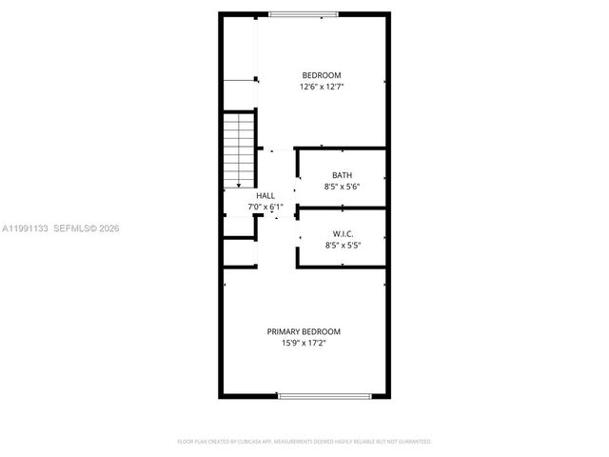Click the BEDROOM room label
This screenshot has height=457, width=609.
[x=321, y=75]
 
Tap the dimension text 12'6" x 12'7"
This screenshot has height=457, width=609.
[x=321, y=87]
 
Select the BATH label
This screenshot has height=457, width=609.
[x=342, y=175]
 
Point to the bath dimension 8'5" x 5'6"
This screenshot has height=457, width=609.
[x=342, y=187]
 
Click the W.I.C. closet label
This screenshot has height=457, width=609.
[x=342, y=234]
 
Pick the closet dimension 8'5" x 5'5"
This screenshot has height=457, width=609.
[x=342, y=246]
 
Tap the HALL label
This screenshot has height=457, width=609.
[x=265, y=195]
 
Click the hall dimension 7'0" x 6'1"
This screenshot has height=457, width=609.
[x=265, y=207]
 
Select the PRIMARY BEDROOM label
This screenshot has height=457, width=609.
[x=304, y=331]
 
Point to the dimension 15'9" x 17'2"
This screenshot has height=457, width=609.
[x=304, y=343]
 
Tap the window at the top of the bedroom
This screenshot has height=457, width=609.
[x=303, y=14]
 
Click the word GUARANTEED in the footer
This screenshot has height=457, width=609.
[x=414, y=442]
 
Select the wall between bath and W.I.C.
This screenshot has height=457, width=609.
[x=342, y=207]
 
